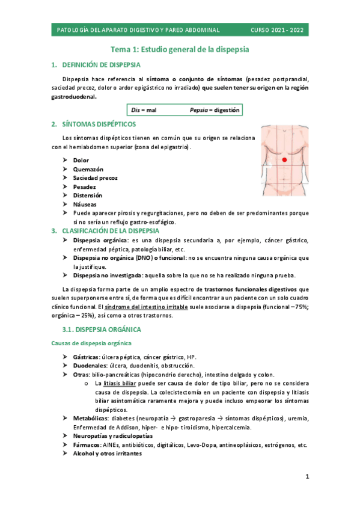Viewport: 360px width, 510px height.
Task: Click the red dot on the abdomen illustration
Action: pos(284,160)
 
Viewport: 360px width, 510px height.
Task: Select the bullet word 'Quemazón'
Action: pos(88,170)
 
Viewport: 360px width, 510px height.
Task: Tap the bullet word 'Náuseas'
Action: pos(85,204)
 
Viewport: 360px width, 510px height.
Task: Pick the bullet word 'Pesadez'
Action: pos(85,187)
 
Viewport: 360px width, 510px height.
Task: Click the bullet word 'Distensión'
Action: pos(88,195)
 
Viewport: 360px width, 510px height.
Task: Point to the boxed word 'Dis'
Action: pos(135,111)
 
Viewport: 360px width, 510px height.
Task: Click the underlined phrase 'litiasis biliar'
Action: pos(119,382)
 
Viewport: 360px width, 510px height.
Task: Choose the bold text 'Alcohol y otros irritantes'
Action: pos(107,454)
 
